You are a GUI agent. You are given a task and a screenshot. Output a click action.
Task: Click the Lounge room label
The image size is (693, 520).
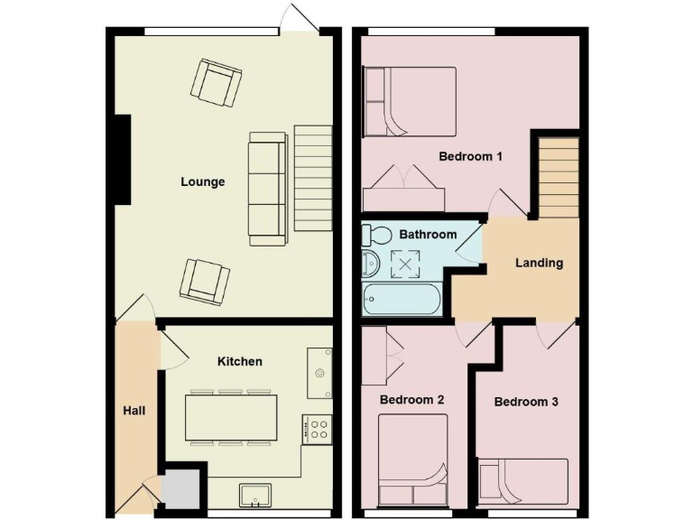click(x=202, y=181)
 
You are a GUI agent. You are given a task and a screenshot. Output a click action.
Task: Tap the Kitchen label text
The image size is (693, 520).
click(x=240, y=361)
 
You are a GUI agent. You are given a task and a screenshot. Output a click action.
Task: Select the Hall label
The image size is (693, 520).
click(x=134, y=411)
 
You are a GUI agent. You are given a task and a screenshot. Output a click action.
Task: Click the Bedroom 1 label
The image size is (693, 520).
click(x=470, y=156)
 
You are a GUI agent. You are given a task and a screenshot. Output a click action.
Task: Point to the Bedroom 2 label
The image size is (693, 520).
click(x=411, y=399)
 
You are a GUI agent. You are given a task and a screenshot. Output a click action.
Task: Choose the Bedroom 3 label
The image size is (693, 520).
click(x=526, y=402)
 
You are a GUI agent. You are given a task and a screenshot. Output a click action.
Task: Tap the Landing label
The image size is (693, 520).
click(x=539, y=263)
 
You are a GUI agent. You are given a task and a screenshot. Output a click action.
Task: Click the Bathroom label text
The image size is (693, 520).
click(x=428, y=234)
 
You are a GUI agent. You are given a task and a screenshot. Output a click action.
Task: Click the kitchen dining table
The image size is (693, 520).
click(x=232, y=418)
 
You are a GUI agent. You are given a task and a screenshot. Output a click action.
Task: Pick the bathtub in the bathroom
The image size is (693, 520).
click(x=402, y=299)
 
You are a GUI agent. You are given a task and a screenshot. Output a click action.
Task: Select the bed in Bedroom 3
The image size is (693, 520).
click(x=522, y=481)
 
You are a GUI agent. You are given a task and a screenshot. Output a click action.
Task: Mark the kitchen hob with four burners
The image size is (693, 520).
click(x=319, y=429)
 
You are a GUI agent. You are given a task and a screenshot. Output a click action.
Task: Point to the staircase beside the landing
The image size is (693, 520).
click(x=558, y=176)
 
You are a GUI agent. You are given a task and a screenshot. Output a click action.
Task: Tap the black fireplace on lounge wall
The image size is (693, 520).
click(x=122, y=160)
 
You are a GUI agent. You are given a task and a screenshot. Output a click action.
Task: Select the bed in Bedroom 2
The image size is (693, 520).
click(x=412, y=459)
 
